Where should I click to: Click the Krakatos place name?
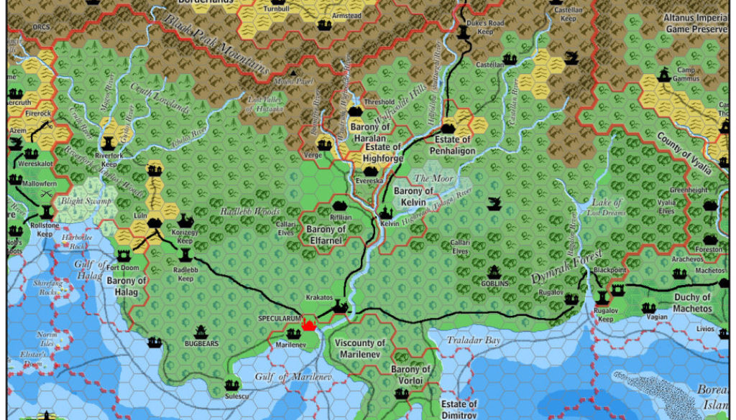(x=318, y=297)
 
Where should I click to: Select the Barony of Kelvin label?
(x=414, y=196)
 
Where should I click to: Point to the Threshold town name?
(x=380, y=103)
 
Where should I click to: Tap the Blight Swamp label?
(x=86, y=202)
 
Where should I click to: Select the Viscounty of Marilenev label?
(x=360, y=348)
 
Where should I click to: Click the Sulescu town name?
(x=230, y=396)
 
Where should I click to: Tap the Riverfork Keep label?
(x=109, y=159)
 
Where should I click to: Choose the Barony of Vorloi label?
(x=410, y=375)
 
